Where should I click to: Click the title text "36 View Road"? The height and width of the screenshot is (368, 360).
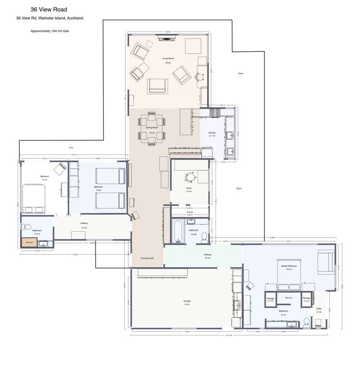tap(46, 9)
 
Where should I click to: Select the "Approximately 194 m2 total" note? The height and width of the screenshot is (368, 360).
tap(49, 30)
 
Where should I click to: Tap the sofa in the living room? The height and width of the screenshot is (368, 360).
tap(158, 85)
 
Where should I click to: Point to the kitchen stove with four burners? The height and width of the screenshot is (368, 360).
tap(214, 113)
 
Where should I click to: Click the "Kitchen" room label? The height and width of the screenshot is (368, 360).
tap(212, 132)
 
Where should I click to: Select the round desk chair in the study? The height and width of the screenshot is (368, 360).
tap(191, 177)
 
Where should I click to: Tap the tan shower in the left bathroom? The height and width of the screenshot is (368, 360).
tap(29, 243)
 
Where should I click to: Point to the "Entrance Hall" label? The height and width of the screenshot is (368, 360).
tap(147, 258)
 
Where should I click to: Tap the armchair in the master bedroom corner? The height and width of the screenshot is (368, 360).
tap(325, 261)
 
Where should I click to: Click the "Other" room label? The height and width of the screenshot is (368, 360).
tap(319, 309)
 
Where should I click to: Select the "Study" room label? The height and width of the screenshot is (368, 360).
tap(189, 188)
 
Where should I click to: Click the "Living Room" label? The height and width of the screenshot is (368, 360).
tap(168, 58)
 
